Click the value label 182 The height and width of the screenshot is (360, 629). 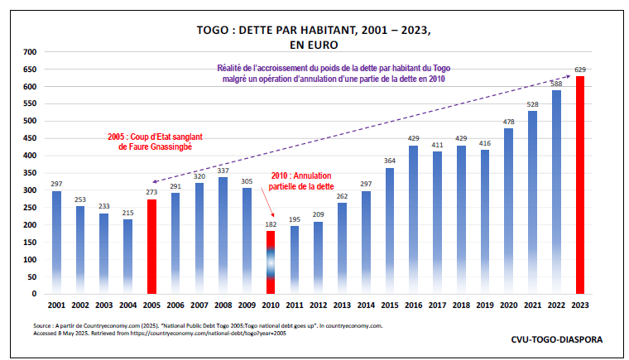click(x=270, y=224)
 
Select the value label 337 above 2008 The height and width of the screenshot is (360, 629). click(x=223, y=170)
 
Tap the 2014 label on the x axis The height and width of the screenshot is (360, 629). click(x=365, y=306)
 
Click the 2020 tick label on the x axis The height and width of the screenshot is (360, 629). click(x=508, y=306)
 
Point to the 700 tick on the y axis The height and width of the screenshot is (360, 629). click(x=31, y=52)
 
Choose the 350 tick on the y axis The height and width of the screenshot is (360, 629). click(x=31, y=173)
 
